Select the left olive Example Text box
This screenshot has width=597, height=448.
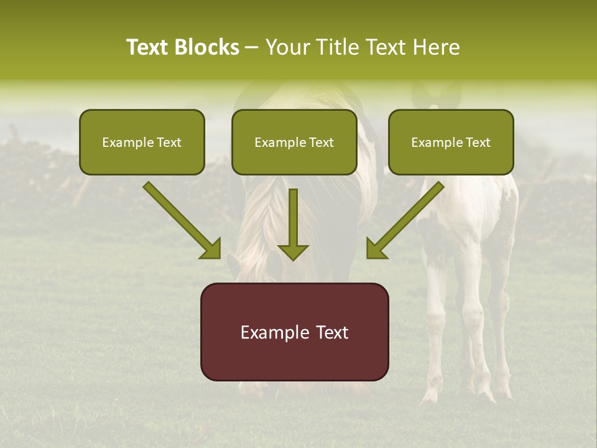pos(142,142)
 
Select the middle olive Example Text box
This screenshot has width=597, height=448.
pos(294,142)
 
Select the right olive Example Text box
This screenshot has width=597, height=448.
pos(451,142)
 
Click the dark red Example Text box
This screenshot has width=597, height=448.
pos(294,332)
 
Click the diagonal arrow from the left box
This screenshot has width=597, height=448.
pos(180,219)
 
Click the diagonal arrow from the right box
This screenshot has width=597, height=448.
pos(407,219)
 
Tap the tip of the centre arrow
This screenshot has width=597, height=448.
pos(293,258)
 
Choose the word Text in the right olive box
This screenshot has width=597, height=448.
pos(478,142)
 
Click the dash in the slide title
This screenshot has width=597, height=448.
pos(252,47)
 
